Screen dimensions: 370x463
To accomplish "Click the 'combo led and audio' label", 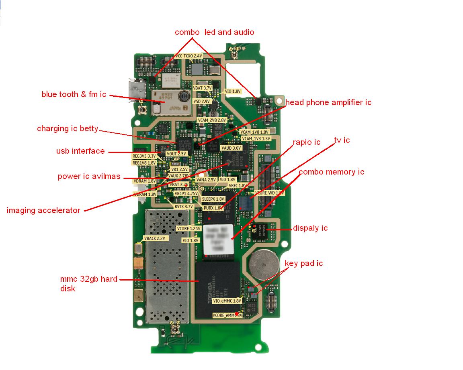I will pos(214,32).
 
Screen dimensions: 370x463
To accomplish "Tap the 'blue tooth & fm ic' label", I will pos(74,95).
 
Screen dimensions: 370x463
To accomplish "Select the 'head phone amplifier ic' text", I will pos(328,102).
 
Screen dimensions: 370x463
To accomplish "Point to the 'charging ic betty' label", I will pos(68,128).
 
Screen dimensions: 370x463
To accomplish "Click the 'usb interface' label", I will pos(80,151).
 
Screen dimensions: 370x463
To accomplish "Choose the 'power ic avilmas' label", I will pos(89,176).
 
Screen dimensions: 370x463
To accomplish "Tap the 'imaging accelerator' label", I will pos(43,210).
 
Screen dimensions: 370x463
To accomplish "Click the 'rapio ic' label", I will pos(306,142).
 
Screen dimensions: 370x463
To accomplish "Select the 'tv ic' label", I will pos(342,140).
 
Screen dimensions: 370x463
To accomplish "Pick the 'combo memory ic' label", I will pos(331,172).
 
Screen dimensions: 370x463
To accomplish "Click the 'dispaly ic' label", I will pos(310,228).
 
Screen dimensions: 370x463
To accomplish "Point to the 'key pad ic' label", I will pos(303,264).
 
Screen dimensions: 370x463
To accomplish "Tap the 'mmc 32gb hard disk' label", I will pos(88,283).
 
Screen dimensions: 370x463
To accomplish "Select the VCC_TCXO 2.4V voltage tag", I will pos(188,56).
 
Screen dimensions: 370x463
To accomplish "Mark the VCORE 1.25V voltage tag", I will pos(188,228).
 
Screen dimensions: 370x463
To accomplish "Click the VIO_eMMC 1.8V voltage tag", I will pos(227,301).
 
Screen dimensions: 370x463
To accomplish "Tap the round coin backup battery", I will pos(264,265).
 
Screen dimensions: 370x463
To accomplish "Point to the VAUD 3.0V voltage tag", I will pos(231,148).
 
